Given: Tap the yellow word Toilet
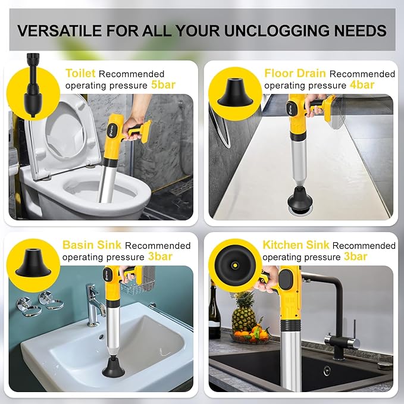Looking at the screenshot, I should [x=80, y=74].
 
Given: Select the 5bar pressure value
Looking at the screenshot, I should [x=164, y=84].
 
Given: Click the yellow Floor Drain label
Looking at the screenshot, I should [x=295, y=74].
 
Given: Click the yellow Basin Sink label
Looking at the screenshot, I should [x=92, y=245].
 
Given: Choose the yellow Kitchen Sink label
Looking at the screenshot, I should [x=296, y=245].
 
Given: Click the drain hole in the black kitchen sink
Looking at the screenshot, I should [x=327, y=370].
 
